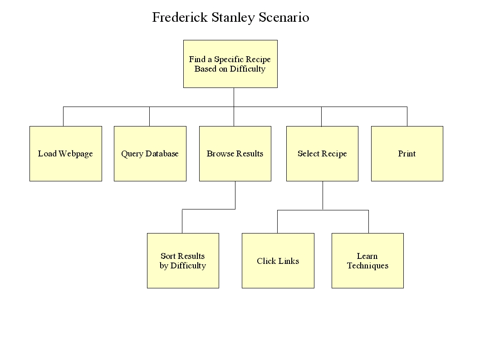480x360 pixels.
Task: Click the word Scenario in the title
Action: tap(284, 17)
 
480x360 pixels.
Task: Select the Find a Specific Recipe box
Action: tap(230, 64)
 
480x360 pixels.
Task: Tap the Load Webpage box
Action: tap(65, 154)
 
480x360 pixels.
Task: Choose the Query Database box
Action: tap(150, 154)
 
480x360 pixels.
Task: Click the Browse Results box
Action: tap(235, 154)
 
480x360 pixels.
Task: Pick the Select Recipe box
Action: tap(323, 154)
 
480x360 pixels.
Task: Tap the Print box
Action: tap(407, 154)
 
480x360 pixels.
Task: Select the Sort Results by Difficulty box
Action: tap(183, 261)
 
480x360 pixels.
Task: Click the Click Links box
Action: tap(278, 261)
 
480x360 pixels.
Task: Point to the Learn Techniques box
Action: tap(367, 261)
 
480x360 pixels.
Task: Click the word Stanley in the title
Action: tap(233, 18)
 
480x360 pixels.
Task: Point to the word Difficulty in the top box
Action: tap(248, 69)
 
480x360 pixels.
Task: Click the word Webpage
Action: tap(76, 154)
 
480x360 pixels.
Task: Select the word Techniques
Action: tap(367, 266)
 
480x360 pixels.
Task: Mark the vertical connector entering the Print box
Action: tap(407, 117)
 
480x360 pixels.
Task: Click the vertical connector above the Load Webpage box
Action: tap(64, 117)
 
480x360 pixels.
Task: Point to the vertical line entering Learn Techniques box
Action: tap(368, 222)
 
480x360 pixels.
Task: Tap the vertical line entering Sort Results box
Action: tap(182, 221)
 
